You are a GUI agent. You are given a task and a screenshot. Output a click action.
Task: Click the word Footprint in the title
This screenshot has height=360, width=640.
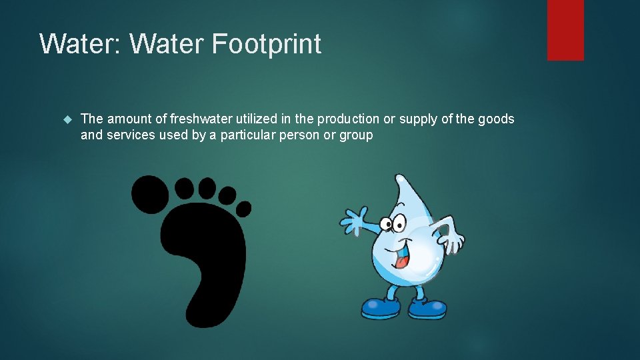[x=267, y=44]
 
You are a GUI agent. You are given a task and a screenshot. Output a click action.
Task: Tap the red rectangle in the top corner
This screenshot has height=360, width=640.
[x=565, y=29]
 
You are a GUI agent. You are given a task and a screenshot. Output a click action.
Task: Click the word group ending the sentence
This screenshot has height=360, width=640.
[x=356, y=135]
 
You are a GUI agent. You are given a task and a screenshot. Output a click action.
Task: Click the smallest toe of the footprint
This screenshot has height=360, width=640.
[x=243, y=208]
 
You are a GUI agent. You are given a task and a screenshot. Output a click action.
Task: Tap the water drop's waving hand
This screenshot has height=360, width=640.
[x=353, y=220]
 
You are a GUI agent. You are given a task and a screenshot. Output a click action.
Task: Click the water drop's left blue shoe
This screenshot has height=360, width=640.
[x=381, y=308]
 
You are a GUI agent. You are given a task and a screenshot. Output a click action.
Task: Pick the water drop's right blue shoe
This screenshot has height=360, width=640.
[x=428, y=309]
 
